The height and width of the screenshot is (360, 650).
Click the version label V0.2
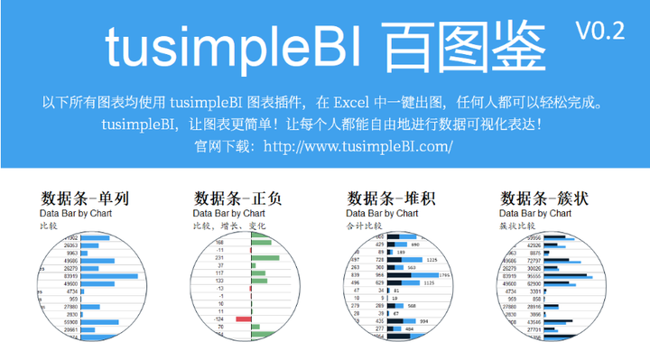pos(600,30)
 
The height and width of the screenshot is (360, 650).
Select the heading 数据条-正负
pos(238,198)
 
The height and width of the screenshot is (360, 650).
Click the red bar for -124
pos(243,318)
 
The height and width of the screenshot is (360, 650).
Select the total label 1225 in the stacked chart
pos(432,260)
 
